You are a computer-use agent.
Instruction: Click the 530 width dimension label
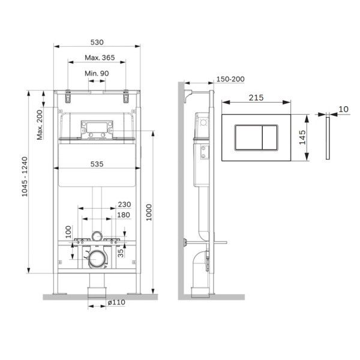(x=97, y=42)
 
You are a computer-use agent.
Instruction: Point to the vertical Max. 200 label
(x=40, y=124)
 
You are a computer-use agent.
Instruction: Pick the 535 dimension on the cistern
(x=97, y=163)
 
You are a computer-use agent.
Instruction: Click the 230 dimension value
(x=124, y=205)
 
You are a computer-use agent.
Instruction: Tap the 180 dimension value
(x=124, y=215)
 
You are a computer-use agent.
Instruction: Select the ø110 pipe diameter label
(x=116, y=303)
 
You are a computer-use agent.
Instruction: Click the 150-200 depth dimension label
(x=230, y=79)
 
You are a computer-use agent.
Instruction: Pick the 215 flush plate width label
(x=256, y=97)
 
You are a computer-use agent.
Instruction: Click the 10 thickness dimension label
(x=343, y=109)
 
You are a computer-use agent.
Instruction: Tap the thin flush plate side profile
(x=328, y=139)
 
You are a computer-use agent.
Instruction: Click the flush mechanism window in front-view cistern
(x=97, y=128)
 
